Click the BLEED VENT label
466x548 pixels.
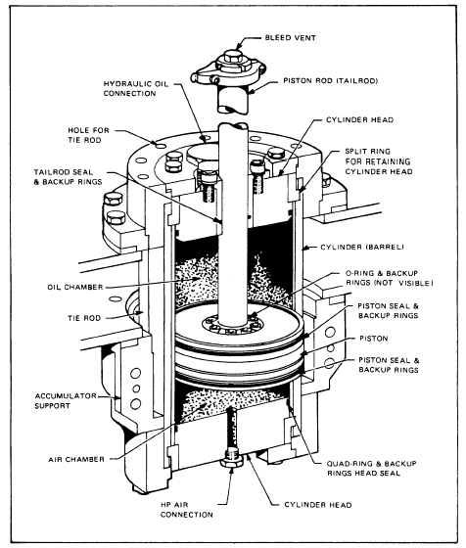tap(291, 38)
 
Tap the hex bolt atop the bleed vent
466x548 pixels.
tap(232, 56)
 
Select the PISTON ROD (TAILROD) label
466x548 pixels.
tap(330, 80)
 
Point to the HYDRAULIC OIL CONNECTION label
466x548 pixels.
tap(136, 89)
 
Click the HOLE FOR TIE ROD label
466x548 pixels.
tap(88, 135)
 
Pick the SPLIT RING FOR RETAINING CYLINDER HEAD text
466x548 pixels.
tap(379, 161)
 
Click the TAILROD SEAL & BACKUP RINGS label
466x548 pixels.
tap(69, 177)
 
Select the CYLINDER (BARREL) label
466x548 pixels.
tap(362, 247)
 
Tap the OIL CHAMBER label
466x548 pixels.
tap(75, 287)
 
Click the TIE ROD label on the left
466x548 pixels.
tap(84, 318)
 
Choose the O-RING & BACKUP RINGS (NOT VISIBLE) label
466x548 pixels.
tap(389, 278)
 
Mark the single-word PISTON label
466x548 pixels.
tap(374, 339)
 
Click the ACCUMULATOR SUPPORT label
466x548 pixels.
tap(66, 401)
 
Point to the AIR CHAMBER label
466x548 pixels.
tap(76, 459)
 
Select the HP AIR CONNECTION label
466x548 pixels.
tap(187, 510)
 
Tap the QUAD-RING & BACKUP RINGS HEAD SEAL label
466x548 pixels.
tap(372, 469)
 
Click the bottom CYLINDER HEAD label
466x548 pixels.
tap(318, 505)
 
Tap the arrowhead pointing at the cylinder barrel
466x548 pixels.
tap(305, 248)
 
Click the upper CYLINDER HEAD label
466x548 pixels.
tap(359, 119)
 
